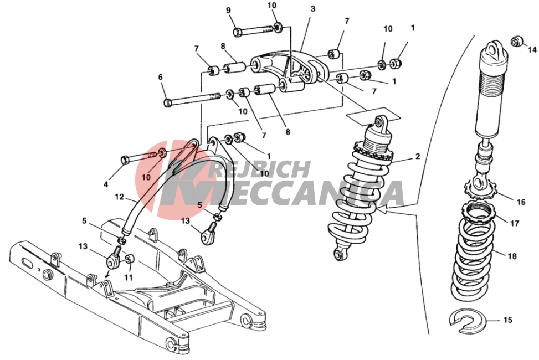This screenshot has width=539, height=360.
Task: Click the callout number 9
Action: coord(229,11)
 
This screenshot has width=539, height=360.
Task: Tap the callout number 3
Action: coord(312,9)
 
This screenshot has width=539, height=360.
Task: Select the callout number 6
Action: coord(161,77)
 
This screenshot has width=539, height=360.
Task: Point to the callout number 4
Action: coord(106,184)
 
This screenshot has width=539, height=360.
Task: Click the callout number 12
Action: coord(119,197)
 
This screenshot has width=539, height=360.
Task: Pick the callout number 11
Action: coord(128,277)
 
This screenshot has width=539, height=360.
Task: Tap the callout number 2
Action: coord(417,156)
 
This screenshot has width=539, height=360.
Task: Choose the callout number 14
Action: coord(532,50)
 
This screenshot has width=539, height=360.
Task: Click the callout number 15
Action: coord(508,320)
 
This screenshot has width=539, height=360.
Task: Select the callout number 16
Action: coord(521,202)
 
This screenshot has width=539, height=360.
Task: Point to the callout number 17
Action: coord(514,224)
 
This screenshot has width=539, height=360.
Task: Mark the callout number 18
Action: coord(512,256)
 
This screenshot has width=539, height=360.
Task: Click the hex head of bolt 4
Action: coord(125,160)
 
